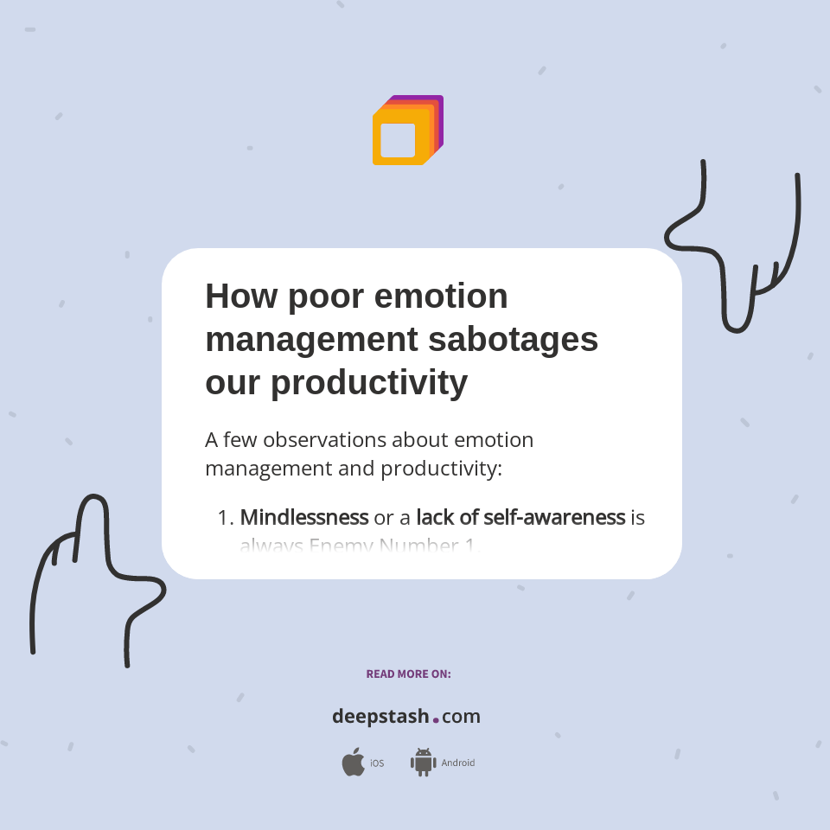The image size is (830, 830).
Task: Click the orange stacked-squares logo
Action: (407, 130)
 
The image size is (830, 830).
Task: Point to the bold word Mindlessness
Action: (304, 518)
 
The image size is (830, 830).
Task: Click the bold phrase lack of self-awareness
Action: (520, 518)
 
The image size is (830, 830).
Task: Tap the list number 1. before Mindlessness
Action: (226, 519)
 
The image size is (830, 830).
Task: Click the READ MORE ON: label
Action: (408, 674)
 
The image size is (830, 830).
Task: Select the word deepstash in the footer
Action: (380, 717)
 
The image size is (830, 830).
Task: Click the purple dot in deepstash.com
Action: (436, 719)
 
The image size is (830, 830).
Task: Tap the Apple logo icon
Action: (353, 763)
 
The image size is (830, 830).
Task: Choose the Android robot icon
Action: (423, 763)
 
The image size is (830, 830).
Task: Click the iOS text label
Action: (377, 763)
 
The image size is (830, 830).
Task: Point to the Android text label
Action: (458, 763)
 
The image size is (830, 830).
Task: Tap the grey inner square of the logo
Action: (398, 140)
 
